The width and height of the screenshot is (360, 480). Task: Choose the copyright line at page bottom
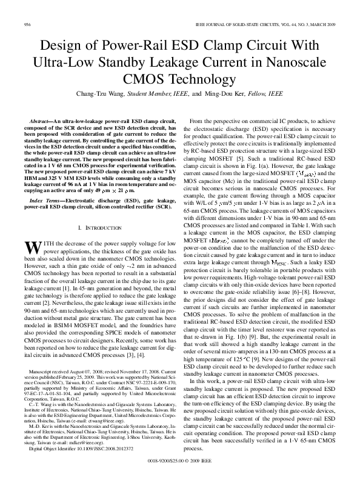180,460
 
